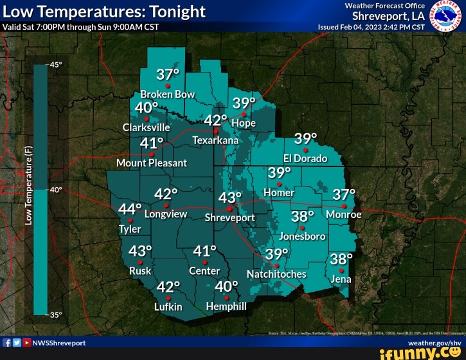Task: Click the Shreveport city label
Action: click(229, 218)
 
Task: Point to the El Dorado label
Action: click(305, 158)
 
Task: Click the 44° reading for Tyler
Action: click(130, 209)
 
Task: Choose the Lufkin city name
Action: click(168, 307)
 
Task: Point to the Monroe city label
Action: click(344, 214)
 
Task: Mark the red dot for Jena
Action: click(341, 270)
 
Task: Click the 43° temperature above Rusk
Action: click(141, 251)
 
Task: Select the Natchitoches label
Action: click(276, 274)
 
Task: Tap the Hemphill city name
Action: click(226, 307)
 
